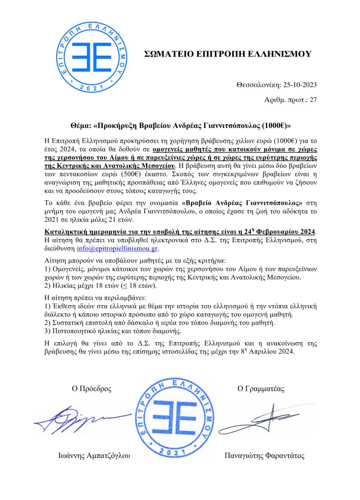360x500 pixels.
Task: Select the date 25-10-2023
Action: point(297,84)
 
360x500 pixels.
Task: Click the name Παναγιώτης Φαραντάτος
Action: point(264,456)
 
